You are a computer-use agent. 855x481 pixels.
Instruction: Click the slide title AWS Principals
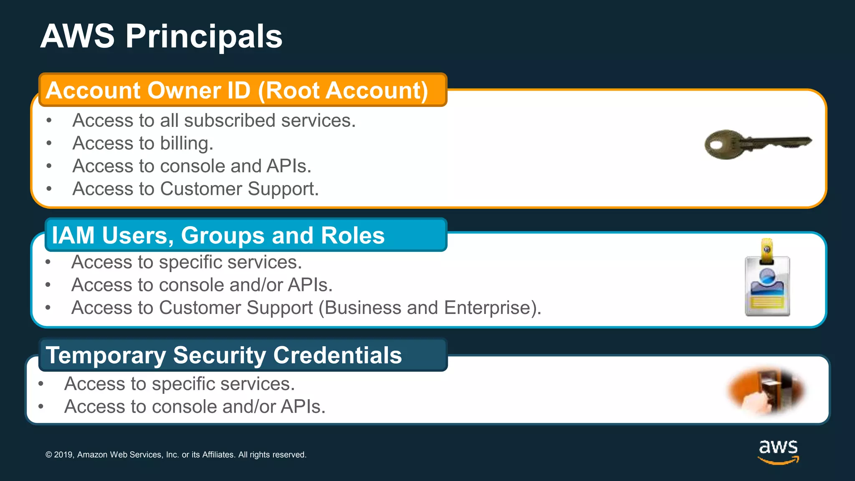(x=161, y=36)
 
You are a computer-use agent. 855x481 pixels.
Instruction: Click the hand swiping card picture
(x=766, y=390)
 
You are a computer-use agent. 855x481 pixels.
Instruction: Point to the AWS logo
(x=778, y=451)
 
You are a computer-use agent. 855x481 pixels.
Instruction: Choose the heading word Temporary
(x=106, y=355)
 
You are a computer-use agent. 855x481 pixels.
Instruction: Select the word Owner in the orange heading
(x=184, y=91)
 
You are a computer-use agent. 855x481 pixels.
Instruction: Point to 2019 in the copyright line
(x=64, y=455)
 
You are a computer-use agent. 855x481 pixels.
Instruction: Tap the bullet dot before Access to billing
(x=49, y=143)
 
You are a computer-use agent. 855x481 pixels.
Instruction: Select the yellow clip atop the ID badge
(x=766, y=251)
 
